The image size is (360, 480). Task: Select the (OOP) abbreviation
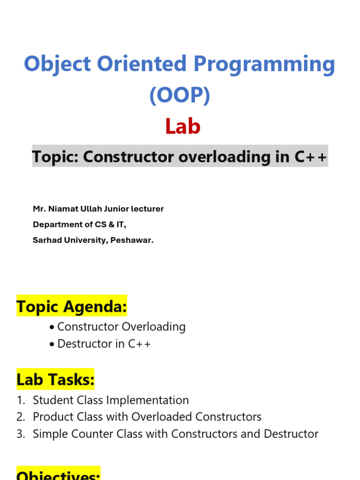(180, 96)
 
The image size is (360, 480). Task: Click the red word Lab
(183, 127)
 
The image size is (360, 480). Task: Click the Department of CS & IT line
(80, 225)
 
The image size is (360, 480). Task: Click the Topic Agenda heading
(72, 307)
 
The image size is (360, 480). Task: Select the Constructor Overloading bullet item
(121, 327)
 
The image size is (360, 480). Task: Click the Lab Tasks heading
(55, 380)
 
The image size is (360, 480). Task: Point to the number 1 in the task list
(20, 400)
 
